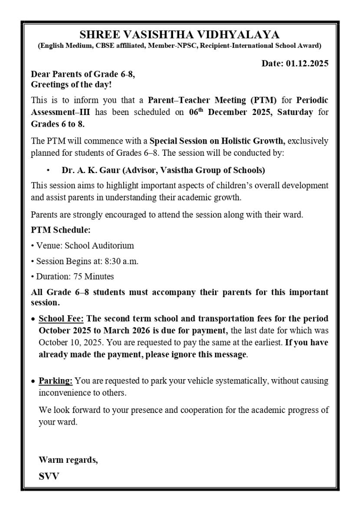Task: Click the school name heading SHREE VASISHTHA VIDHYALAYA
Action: pyautogui.click(x=180, y=35)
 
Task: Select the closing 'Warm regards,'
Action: pyautogui.click(x=68, y=460)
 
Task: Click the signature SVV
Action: pyautogui.click(x=49, y=476)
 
